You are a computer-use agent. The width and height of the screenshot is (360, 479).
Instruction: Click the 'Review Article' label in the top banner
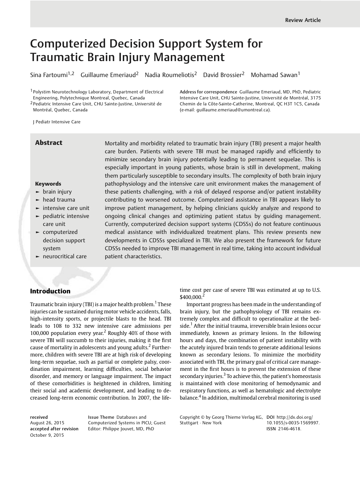[303, 20]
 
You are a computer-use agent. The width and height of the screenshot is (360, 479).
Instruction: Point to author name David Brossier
[222, 75]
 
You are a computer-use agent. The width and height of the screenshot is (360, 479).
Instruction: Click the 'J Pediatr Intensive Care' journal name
[57, 122]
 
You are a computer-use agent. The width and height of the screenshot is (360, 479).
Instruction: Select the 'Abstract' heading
[49, 143]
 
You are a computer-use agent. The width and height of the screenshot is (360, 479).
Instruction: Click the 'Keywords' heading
[48, 184]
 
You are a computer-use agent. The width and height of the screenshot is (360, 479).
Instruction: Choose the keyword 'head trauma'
[59, 200]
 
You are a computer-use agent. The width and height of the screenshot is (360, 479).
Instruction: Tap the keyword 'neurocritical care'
[65, 256]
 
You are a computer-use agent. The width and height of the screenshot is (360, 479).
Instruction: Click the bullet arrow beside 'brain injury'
[37, 192]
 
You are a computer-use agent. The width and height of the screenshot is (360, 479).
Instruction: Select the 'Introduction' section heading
[50, 291]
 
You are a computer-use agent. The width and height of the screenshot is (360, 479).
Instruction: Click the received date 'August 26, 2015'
[47, 423]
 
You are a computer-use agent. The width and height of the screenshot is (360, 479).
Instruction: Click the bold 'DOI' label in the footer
[270, 417]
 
